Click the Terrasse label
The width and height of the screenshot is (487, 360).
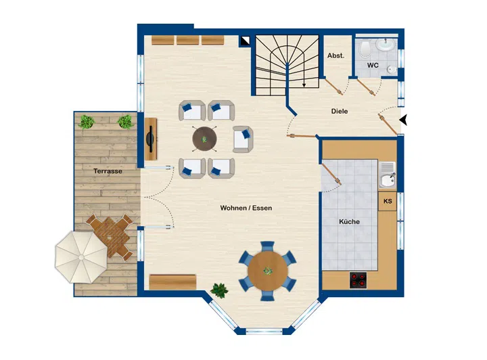point(108,171)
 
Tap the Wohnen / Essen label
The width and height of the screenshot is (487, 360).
point(246,208)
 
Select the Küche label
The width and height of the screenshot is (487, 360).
point(350,221)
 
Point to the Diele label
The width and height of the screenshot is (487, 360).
point(340,111)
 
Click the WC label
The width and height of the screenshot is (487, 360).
point(373,65)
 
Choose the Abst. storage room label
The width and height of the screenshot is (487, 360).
point(335,55)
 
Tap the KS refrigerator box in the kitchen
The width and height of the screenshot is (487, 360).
point(388,201)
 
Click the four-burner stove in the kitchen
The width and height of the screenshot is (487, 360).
point(358,280)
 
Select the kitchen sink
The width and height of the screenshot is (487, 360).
point(387,175)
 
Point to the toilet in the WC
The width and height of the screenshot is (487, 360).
point(365,49)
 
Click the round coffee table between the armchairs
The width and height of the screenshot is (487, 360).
point(204,139)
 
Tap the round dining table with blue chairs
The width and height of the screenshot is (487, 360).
point(267,271)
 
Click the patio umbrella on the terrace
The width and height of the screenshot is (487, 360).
point(81,257)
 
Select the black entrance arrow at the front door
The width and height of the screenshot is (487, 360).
point(403,120)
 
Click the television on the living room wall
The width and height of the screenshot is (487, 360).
point(151,139)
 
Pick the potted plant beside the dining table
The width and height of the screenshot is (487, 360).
point(219,290)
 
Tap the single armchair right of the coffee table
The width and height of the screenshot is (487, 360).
point(243,139)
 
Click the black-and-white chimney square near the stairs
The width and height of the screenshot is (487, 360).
point(246,41)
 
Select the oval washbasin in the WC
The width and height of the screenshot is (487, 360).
point(386,45)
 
